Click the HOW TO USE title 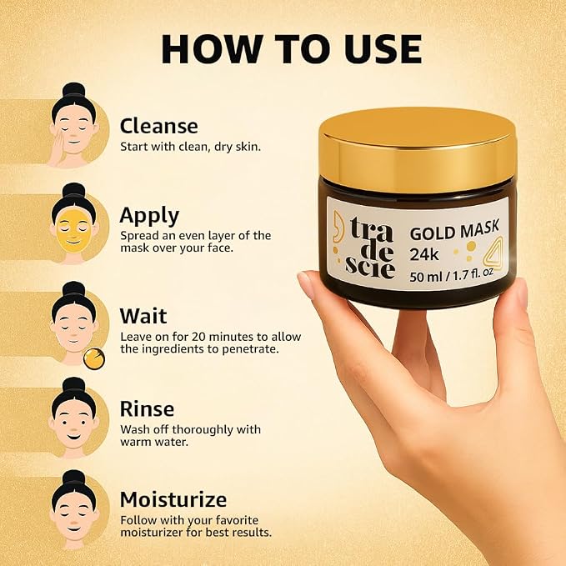pos(291,49)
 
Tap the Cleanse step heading pos(159,126)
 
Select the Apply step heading pos(149,217)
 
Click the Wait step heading pos(143,316)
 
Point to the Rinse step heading pos(147,409)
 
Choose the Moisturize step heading pos(173,499)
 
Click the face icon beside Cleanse pos(73,125)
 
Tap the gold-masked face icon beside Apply pos(73,223)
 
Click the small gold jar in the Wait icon pos(94,358)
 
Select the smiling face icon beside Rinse pos(73,418)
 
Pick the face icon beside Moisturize pos(73,509)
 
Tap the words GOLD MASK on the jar pos(454,229)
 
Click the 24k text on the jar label pos(423,254)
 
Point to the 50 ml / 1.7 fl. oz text pos(451,275)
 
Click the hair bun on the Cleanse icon pos(73,90)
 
